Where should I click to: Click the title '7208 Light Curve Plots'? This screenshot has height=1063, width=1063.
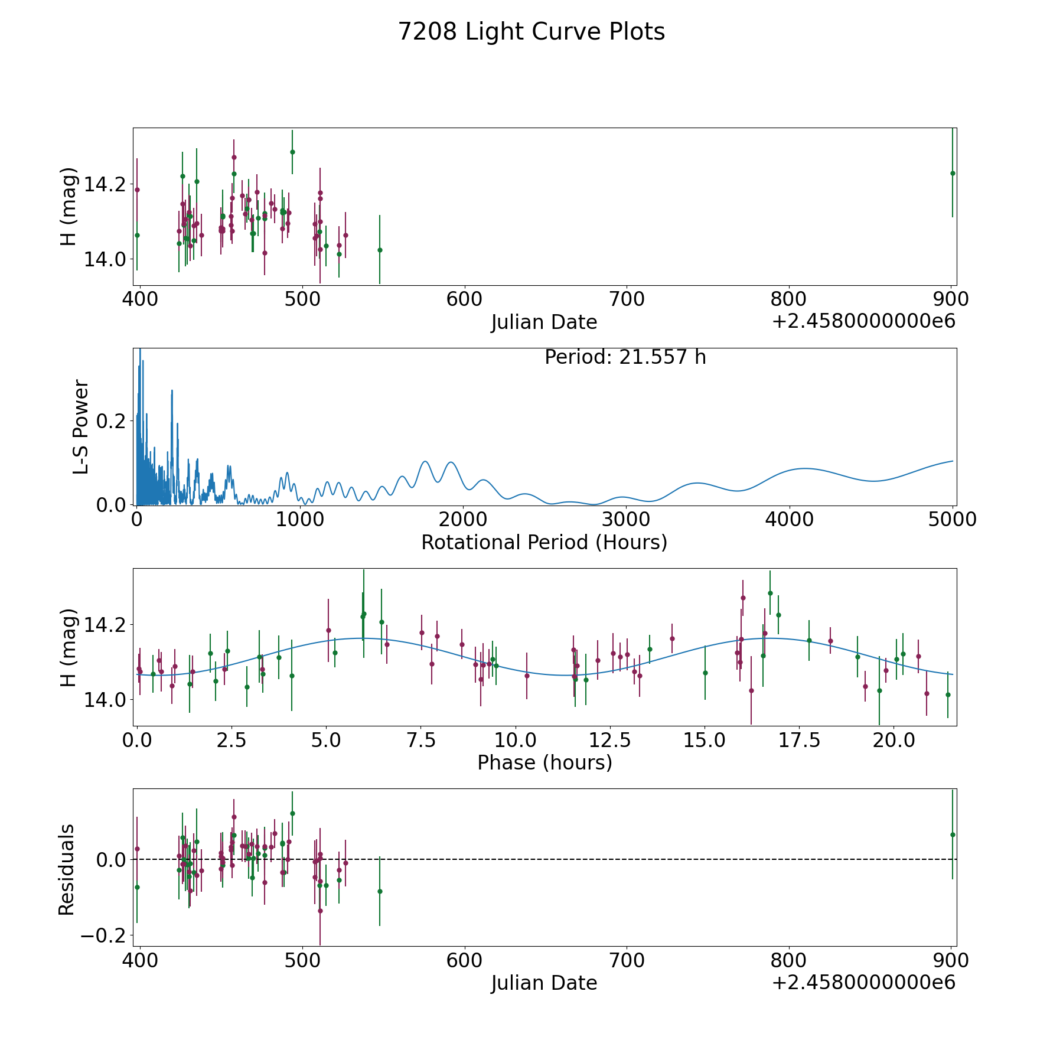tap(531, 32)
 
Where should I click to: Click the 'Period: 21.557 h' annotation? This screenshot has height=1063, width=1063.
tap(625, 357)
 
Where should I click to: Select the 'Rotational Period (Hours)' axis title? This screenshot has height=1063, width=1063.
tap(544, 542)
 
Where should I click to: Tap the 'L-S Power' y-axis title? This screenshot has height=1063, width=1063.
tap(81, 426)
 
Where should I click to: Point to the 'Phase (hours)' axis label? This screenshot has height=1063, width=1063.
tap(544, 762)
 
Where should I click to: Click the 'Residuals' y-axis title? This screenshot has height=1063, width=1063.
tap(66, 869)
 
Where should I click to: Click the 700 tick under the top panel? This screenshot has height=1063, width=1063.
tap(627, 299)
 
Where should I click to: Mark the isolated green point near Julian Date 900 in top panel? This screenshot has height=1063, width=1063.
tap(953, 173)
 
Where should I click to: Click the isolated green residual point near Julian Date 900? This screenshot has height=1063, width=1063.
tap(953, 834)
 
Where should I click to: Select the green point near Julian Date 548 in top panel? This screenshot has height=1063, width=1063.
tap(380, 250)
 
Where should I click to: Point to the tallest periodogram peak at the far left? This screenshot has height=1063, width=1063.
tap(140, 351)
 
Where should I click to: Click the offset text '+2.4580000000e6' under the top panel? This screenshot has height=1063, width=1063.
tap(863, 322)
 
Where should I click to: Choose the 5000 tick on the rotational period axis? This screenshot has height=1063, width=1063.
tap(953, 520)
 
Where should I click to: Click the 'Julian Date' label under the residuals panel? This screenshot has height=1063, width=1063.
tap(544, 983)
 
